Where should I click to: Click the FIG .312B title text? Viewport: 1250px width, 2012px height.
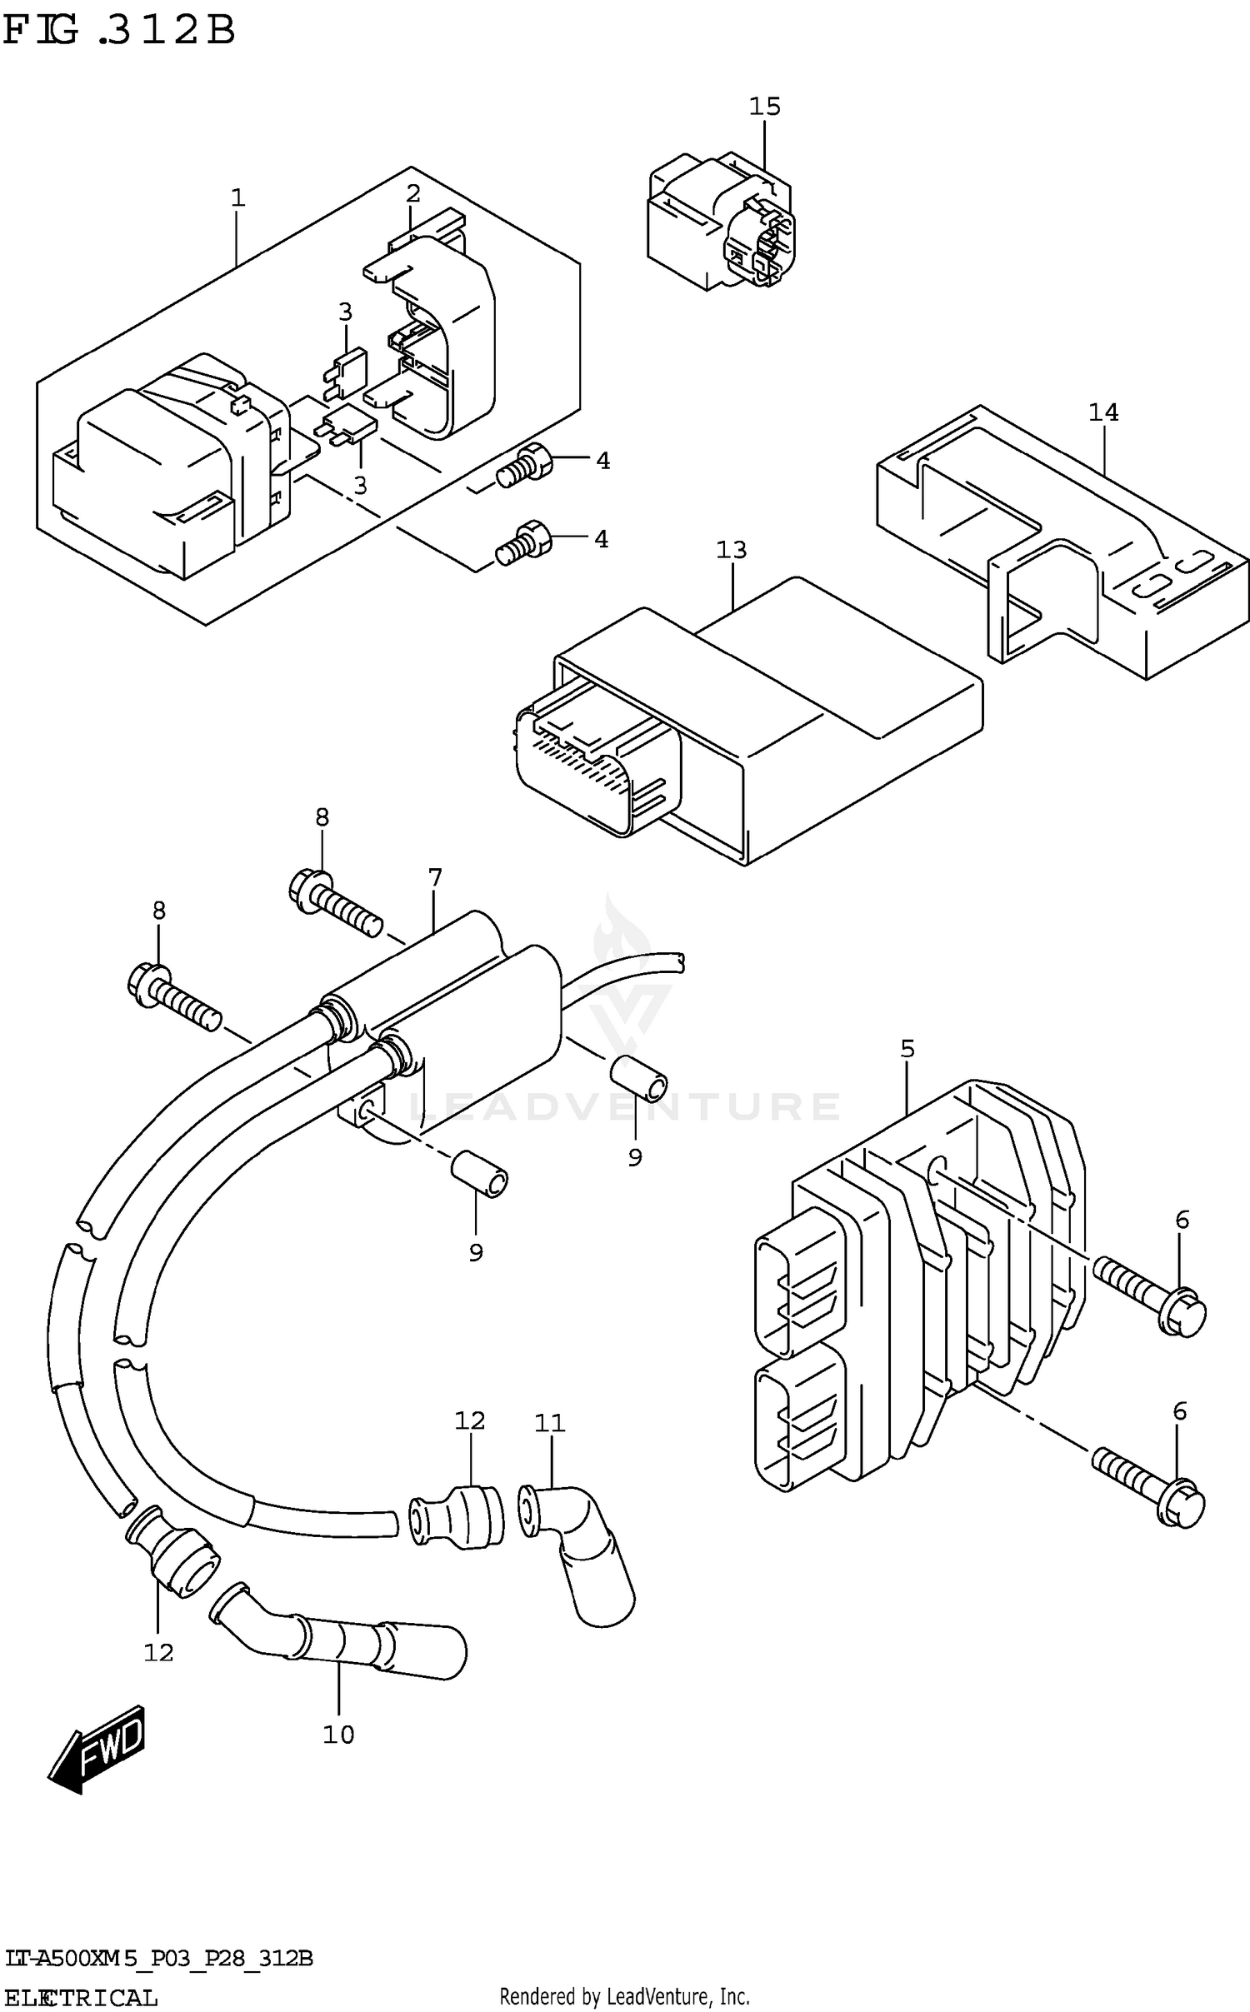click(118, 32)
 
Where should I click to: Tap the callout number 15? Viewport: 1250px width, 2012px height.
click(764, 107)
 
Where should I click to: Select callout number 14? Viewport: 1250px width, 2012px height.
click(1102, 412)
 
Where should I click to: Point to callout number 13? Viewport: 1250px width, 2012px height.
click(731, 550)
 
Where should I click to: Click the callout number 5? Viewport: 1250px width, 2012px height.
click(907, 1049)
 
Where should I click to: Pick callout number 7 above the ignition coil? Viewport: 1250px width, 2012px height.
click(435, 877)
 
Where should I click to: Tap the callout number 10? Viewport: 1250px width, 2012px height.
click(338, 1735)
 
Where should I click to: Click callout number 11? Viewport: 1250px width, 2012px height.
click(549, 1423)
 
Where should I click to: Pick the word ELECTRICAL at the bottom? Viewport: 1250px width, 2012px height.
click(80, 1998)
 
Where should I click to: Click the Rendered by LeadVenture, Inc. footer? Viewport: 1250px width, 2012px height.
click(624, 1996)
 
